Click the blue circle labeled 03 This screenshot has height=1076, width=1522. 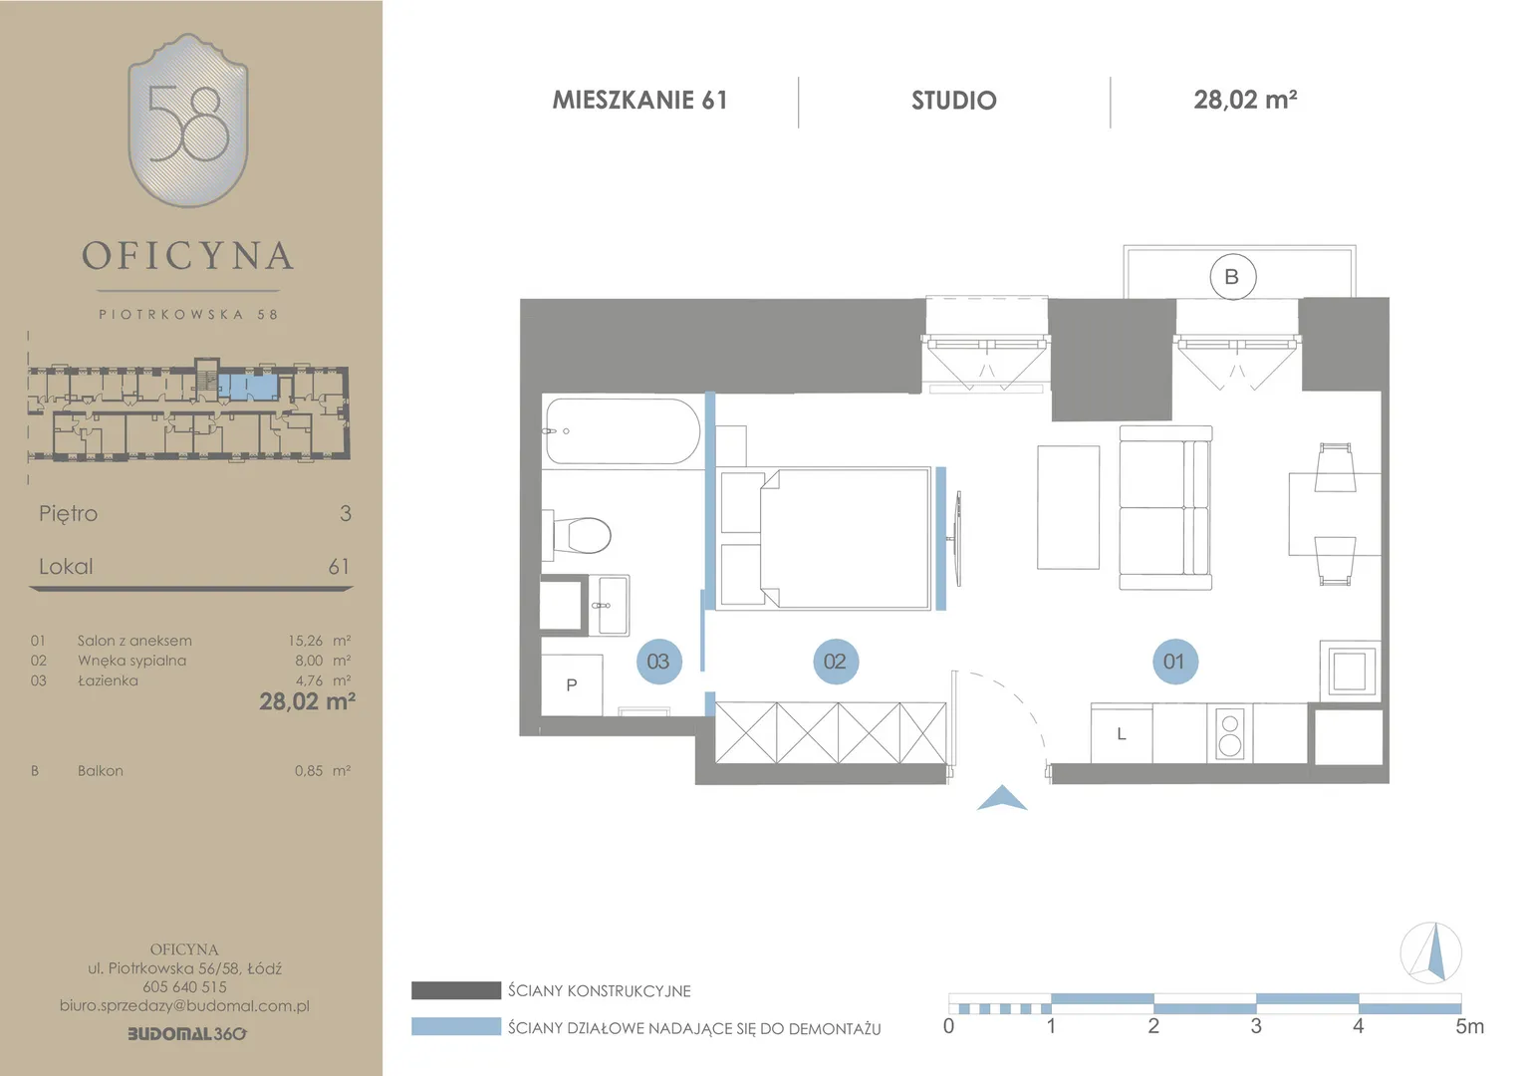click(659, 662)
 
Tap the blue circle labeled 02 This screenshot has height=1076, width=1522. click(836, 662)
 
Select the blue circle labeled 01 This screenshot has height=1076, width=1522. click(1175, 662)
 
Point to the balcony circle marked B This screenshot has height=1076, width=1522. click(1232, 277)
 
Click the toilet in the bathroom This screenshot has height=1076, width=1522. click(577, 535)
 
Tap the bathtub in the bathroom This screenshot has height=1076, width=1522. click(624, 431)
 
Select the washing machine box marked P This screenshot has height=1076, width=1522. click(572, 684)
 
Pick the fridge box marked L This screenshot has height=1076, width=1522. click(1122, 733)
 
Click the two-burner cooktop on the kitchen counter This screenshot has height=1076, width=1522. click(1230, 734)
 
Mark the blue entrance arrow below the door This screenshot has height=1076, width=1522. click(1002, 798)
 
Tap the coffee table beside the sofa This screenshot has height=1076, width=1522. click(1068, 507)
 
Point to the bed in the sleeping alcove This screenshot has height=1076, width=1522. click(825, 538)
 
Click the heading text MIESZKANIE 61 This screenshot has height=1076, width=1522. click(640, 100)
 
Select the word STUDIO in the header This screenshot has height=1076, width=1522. click(954, 101)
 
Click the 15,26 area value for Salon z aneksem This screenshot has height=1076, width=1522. click(305, 641)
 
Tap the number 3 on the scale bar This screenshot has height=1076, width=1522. click(1256, 1026)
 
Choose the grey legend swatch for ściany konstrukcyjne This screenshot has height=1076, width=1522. click(456, 990)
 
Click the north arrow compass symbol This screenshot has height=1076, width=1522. click(1431, 952)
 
